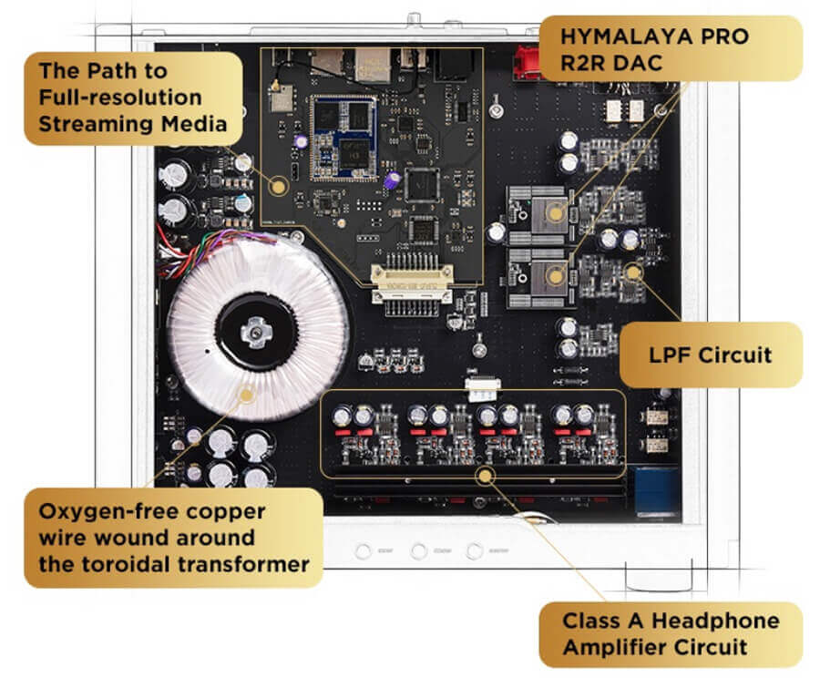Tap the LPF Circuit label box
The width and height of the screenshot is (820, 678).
click(711, 354)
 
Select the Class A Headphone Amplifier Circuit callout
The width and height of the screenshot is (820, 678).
click(671, 634)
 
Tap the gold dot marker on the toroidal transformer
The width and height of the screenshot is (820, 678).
click(245, 395)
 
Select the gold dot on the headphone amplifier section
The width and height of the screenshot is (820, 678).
click(485, 474)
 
